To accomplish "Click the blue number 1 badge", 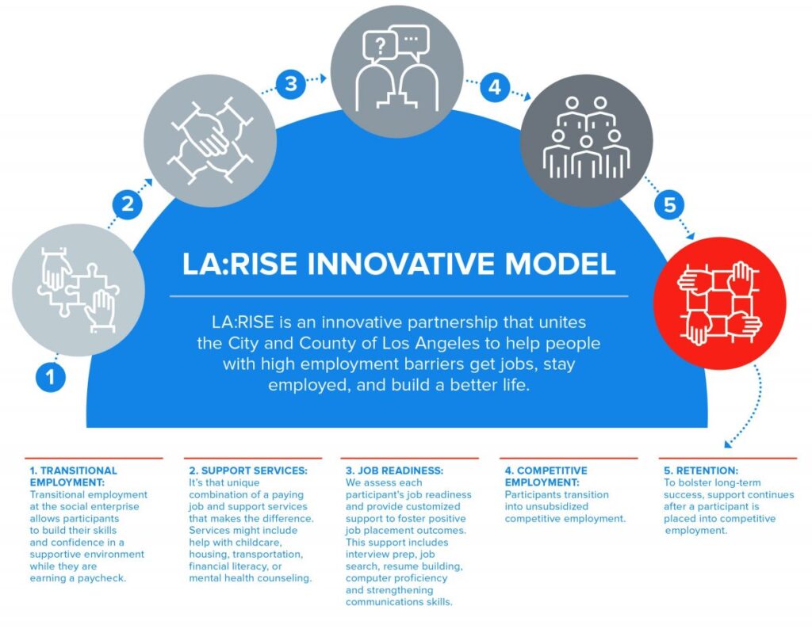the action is click(50, 376).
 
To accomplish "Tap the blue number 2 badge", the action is click(128, 204).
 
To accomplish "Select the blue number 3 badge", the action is click(290, 83).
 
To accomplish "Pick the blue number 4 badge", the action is click(495, 86).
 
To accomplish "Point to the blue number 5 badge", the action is click(669, 204).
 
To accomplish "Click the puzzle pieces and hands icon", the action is click(79, 290).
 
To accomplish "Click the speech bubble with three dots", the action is click(412, 40).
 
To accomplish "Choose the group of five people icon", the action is click(586, 137).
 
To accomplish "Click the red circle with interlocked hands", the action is click(720, 303).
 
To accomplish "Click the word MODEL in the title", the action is click(560, 263).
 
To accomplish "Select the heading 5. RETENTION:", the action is click(701, 471).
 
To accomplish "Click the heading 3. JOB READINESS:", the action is click(395, 471).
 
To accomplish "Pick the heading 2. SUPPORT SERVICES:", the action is click(248, 471).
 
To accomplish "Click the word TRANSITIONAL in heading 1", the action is click(79, 471).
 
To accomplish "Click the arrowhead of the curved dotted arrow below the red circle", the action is click(728, 444).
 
